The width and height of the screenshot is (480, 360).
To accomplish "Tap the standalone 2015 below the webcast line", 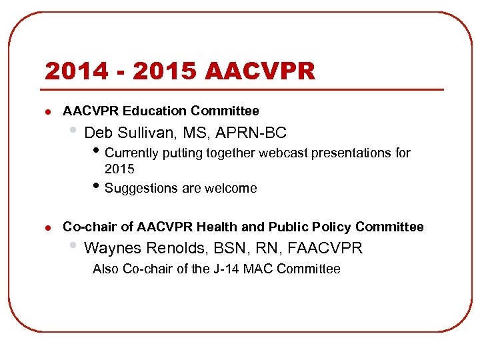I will (x=119, y=169).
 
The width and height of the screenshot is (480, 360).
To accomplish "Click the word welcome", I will (x=232, y=188).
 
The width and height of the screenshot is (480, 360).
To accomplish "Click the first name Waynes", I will (x=113, y=249).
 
